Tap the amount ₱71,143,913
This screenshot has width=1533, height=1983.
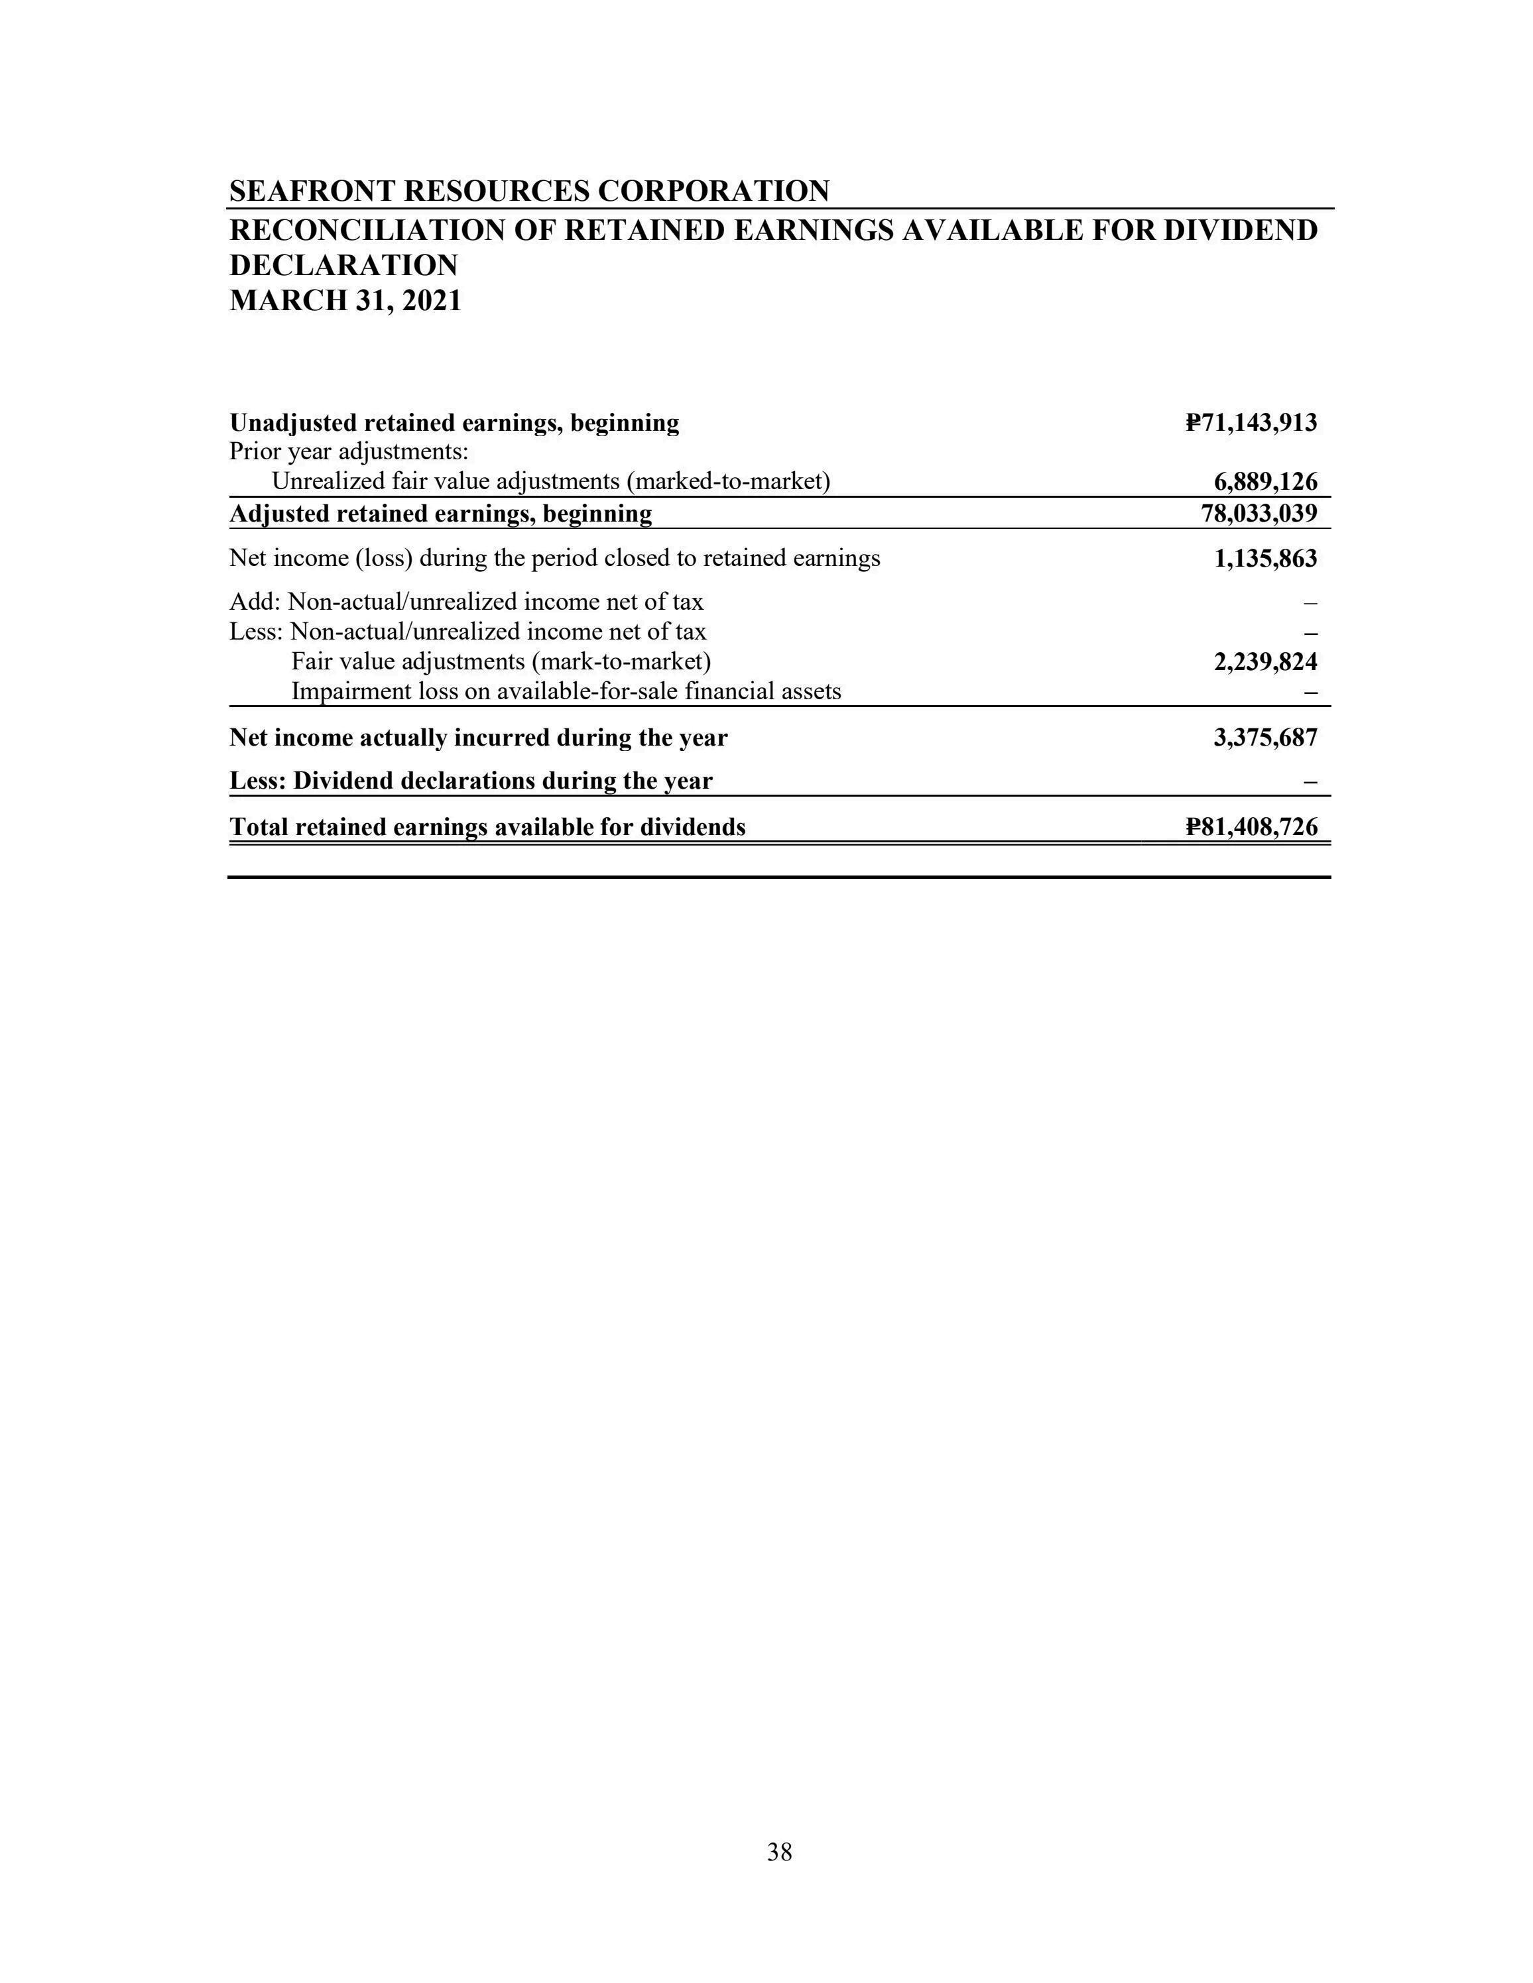click(1251, 422)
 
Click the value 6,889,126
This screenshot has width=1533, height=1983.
click(1265, 481)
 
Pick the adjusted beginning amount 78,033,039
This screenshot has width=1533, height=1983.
click(1258, 514)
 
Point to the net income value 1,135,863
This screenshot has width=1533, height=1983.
click(1265, 559)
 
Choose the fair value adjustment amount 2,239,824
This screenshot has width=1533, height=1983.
click(1265, 662)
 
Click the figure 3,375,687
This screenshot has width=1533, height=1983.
click(1265, 737)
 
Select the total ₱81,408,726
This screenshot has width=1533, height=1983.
click(1251, 827)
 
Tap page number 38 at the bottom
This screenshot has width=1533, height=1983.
click(779, 1852)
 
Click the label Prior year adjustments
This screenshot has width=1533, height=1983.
click(349, 451)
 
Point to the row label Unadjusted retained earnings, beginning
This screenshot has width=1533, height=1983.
click(454, 423)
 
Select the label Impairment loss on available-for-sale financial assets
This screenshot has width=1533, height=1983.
click(566, 692)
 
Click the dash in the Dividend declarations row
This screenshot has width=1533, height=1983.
click(1310, 782)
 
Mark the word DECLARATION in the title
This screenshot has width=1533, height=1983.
click(343, 265)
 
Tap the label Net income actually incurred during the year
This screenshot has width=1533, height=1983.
click(479, 737)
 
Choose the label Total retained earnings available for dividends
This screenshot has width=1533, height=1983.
click(488, 827)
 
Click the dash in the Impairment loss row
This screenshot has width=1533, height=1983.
click(1310, 693)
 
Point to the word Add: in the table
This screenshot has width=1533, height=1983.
click(255, 602)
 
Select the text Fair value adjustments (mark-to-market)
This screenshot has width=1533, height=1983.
click(501, 662)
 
